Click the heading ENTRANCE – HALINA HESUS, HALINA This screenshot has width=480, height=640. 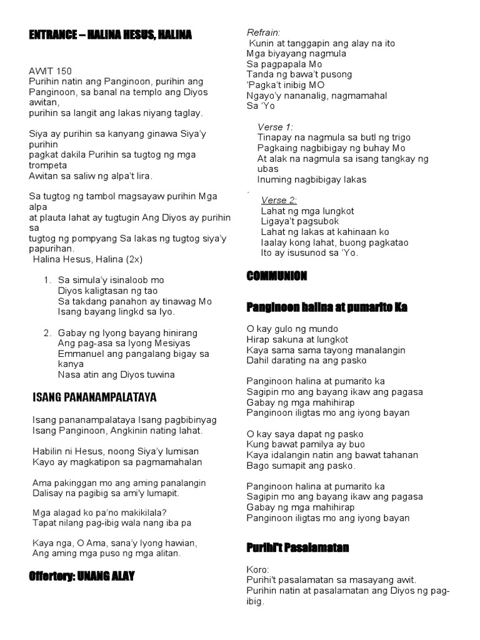click(x=110, y=36)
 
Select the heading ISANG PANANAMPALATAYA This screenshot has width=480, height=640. click(x=94, y=397)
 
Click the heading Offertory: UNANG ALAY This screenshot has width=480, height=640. click(x=81, y=575)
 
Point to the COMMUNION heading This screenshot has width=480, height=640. click(x=276, y=276)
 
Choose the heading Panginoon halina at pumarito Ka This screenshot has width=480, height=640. click(x=327, y=307)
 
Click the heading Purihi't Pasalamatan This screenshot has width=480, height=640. click(x=297, y=548)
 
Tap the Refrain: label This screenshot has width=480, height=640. click(x=264, y=32)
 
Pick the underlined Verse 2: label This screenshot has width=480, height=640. click(x=279, y=200)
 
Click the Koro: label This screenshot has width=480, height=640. click(x=257, y=569)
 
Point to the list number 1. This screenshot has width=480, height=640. click(x=47, y=280)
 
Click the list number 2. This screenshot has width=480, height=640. click(x=47, y=332)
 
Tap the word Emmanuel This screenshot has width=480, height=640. click(x=79, y=354)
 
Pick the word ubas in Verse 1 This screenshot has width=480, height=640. click(x=267, y=169)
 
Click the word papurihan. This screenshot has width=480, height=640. click(x=52, y=248)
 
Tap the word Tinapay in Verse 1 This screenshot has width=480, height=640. click(x=274, y=137)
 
